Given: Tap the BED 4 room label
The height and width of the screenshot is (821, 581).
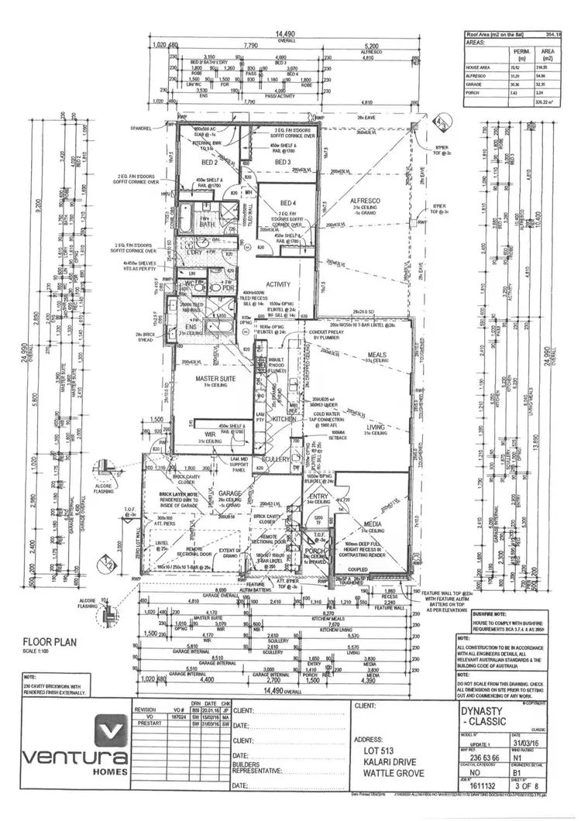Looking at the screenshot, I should [288, 203].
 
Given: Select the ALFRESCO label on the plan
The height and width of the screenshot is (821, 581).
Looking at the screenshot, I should [363, 199].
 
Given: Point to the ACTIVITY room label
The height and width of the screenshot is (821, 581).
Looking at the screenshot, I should [278, 284].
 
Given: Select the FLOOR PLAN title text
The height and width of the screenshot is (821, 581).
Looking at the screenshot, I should [49, 641].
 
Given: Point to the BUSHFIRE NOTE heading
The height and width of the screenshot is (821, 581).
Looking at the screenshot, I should [480, 613].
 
